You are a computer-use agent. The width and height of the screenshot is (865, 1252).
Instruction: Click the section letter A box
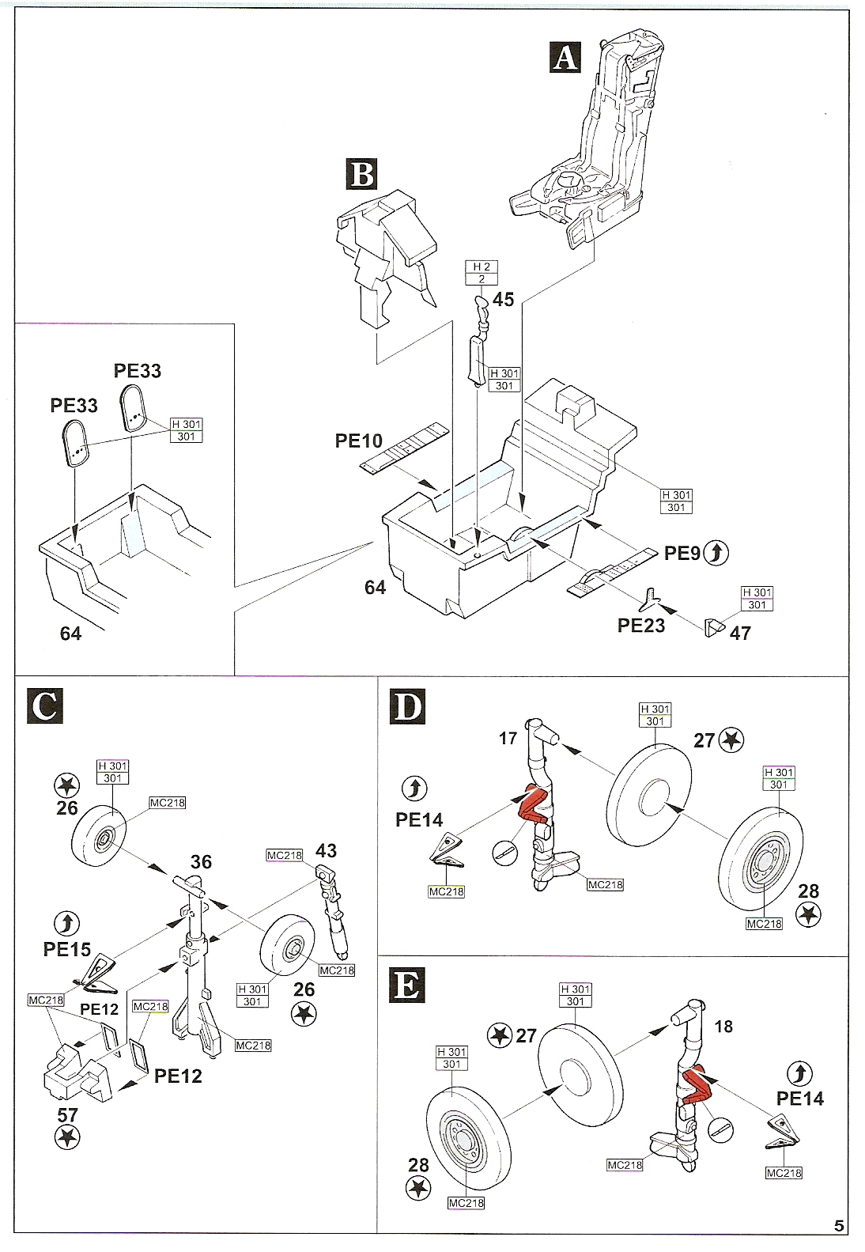pyautogui.click(x=565, y=57)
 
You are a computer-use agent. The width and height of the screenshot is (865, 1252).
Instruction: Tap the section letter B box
pyautogui.click(x=361, y=174)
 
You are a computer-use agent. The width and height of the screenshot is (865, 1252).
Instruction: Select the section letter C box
pyautogui.click(x=44, y=705)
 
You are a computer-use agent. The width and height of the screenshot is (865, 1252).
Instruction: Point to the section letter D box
pyautogui.click(x=408, y=705)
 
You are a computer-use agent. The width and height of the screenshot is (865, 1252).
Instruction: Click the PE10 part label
pyautogui.click(x=358, y=441)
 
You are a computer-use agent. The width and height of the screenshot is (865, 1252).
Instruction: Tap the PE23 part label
pyautogui.click(x=641, y=625)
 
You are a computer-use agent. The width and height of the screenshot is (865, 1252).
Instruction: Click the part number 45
pyautogui.click(x=503, y=299)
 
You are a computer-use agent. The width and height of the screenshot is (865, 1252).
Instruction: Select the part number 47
pyautogui.click(x=740, y=633)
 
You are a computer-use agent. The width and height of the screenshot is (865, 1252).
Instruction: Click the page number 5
pyautogui.click(x=839, y=1227)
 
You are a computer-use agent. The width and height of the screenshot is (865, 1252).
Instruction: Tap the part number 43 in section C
pyautogui.click(x=326, y=850)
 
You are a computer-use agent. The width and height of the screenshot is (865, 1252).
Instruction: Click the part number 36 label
pyautogui.click(x=201, y=861)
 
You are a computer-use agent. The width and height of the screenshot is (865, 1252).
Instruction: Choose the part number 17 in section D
pyautogui.click(x=508, y=738)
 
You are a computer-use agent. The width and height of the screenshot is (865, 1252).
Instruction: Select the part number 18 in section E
pyautogui.click(x=723, y=1027)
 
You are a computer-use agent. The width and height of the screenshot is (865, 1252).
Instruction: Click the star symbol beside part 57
pyautogui.click(x=68, y=1137)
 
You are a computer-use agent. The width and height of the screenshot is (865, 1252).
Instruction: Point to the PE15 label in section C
pyautogui.click(x=67, y=949)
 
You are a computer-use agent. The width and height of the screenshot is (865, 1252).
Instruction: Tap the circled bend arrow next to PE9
pyautogui.click(x=716, y=553)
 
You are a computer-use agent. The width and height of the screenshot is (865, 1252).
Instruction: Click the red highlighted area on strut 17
pyautogui.click(x=531, y=805)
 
